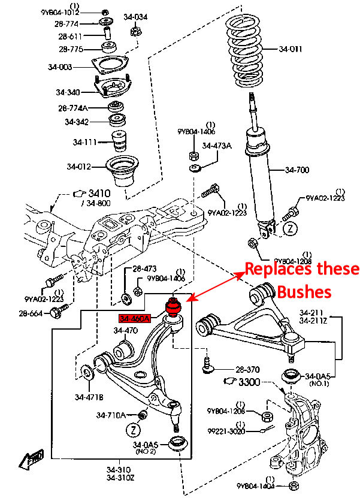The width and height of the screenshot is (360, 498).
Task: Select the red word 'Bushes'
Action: tap(304, 292)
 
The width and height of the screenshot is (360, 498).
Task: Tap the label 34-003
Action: tap(60, 67)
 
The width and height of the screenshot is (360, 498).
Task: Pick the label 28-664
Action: tap(31, 313)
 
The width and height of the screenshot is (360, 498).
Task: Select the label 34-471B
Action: tap(89, 397)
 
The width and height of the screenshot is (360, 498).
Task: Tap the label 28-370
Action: tap(247, 369)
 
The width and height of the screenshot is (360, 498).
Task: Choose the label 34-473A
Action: tap(216, 146)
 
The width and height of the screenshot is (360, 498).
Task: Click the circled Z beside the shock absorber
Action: tap(289, 228)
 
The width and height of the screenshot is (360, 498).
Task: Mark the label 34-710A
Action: tap(111, 415)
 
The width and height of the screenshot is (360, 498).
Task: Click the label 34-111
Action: tap(85, 143)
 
